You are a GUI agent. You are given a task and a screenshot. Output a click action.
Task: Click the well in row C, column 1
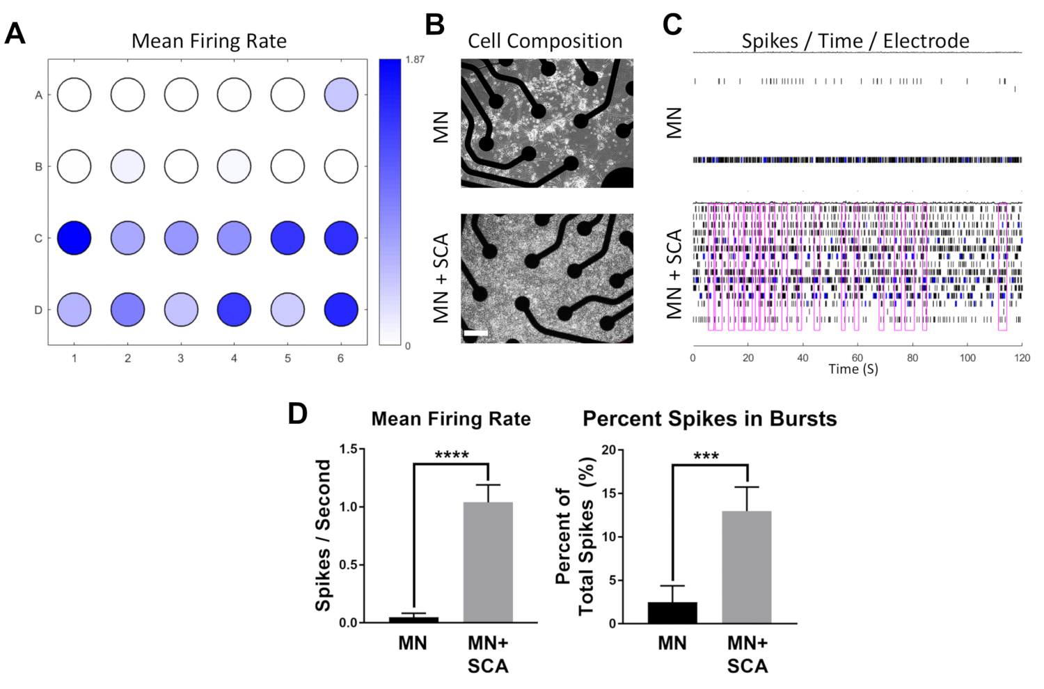click(x=74, y=238)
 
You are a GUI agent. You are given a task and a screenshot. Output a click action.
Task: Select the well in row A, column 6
click(x=341, y=95)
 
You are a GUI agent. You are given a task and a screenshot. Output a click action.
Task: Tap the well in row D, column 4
click(x=234, y=310)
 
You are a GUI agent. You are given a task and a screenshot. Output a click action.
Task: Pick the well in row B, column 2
click(x=127, y=166)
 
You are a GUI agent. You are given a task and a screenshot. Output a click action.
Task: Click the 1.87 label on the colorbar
click(x=415, y=60)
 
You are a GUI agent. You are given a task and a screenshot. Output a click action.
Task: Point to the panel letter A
click(x=15, y=33)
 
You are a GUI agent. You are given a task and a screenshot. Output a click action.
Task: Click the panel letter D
click(x=298, y=414)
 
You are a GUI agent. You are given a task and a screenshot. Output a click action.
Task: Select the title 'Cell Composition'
click(x=545, y=41)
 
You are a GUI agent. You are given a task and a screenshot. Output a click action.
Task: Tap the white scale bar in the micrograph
click(x=475, y=333)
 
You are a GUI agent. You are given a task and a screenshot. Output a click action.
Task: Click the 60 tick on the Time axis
click(x=857, y=358)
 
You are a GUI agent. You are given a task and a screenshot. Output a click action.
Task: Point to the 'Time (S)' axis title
click(x=853, y=370)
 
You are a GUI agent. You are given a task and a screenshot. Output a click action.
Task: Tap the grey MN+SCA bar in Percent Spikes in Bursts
click(x=747, y=567)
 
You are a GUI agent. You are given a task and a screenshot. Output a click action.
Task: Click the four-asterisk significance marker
click(x=452, y=455)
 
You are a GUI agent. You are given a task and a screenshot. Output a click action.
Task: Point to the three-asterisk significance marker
click(x=706, y=457)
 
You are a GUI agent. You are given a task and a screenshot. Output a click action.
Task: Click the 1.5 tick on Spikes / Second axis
click(x=349, y=449)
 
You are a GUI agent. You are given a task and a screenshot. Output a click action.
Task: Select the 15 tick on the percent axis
click(x=610, y=493)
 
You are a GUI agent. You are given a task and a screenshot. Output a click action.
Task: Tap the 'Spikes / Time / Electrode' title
click(x=855, y=41)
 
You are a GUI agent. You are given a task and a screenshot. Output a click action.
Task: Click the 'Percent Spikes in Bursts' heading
click(x=710, y=419)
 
